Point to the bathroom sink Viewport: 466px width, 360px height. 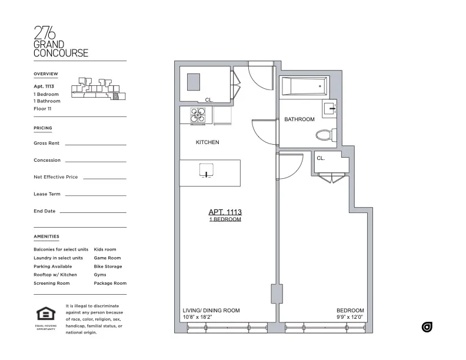(x=329, y=109)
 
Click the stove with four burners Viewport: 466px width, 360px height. (x=198, y=115)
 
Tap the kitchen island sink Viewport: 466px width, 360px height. (x=207, y=172)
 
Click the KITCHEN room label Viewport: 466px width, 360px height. (x=207, y=142)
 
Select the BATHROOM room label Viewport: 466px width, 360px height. (x=299, y=119)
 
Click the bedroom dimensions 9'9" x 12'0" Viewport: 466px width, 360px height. (x=349, y=318)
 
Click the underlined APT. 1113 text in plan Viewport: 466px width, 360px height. (x=225, y=212)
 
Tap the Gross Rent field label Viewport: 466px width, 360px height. (x=46, y=144)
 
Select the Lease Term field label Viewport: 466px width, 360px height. (x=47, y=194)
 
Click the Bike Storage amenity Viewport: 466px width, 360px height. (x=108, y=266)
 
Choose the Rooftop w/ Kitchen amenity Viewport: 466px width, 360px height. (x=55, y=275)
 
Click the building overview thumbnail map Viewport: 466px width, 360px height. (x=98, y=89)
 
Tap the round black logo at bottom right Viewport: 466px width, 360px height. (x=427, y=326)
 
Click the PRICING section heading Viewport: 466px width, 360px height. (x=43, y=128)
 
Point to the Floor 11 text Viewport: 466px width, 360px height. (x=42, y=108)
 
